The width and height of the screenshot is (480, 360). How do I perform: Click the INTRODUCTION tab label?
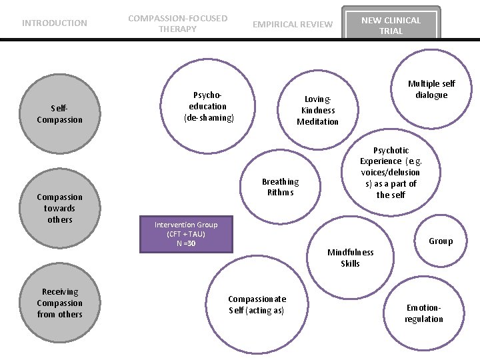pos(55,23)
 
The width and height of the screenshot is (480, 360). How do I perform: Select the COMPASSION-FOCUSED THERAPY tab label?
pos(178,23)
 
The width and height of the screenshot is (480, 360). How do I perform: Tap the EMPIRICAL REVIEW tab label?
pos(293,24)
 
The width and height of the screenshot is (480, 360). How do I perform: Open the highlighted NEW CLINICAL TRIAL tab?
pos(391,23)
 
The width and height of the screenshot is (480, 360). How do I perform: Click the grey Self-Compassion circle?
pos(60,114)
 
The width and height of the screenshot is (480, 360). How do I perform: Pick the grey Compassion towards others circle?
pos(60,208)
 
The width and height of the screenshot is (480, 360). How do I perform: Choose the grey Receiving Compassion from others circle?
pos(60,303)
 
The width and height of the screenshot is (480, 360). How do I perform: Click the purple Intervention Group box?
pos(186,234)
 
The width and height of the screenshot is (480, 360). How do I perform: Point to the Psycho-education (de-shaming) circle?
pos(208,106)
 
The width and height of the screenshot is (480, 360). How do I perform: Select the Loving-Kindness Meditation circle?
pos(318,110)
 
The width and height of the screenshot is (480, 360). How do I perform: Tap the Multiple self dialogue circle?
pos(431,89)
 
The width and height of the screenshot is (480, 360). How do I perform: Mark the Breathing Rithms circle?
pos(280,187)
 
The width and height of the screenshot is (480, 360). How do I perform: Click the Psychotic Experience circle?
pos(391,173)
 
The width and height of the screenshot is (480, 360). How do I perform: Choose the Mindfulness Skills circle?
pos(350,258)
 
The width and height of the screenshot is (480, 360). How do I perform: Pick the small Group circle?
pos(441,241)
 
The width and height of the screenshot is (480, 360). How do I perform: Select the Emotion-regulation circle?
pos(424,313)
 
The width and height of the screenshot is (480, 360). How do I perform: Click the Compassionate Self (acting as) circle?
pos(257,305)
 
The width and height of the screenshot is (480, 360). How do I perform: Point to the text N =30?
pos(186,244)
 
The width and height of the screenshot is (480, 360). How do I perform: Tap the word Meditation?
pos(318,122)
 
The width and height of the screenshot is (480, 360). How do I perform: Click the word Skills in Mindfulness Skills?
pos(350,263)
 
